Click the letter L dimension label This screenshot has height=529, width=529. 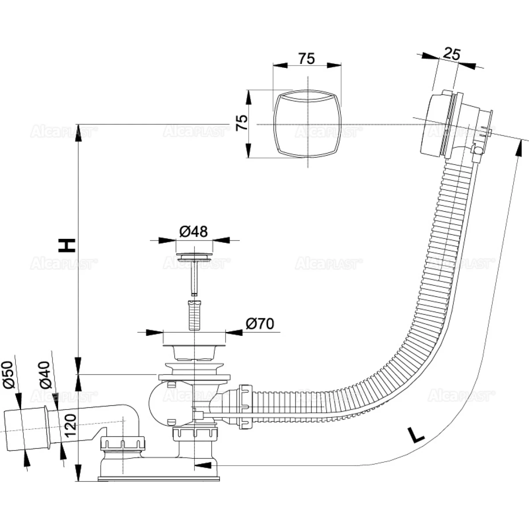point(415,435)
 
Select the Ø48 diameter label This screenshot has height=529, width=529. point(194,231)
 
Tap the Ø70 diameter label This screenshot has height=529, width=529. point(260,324)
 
